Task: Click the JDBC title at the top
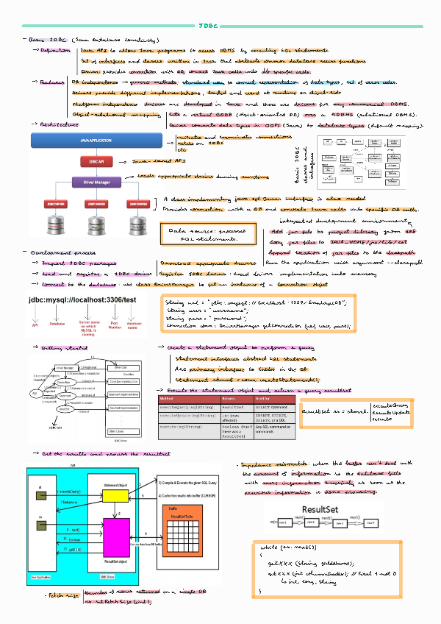click(209, 25)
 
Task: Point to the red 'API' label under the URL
click(34, 323)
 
